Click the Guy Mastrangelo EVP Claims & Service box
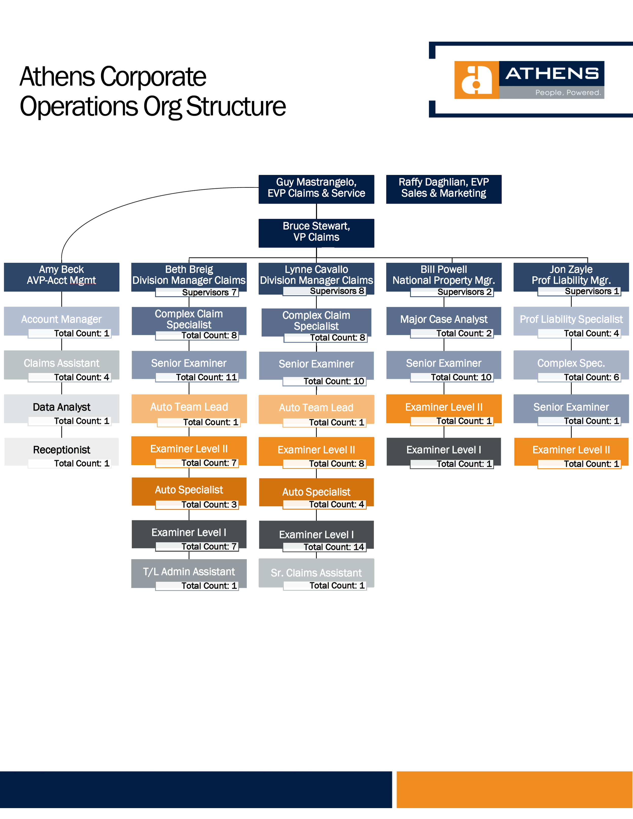point(316,189)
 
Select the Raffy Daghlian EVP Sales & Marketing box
point(444,189)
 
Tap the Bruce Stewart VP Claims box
point(316,233)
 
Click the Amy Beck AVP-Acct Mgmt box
point(62,276)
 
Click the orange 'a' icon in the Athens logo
point(476,80)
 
